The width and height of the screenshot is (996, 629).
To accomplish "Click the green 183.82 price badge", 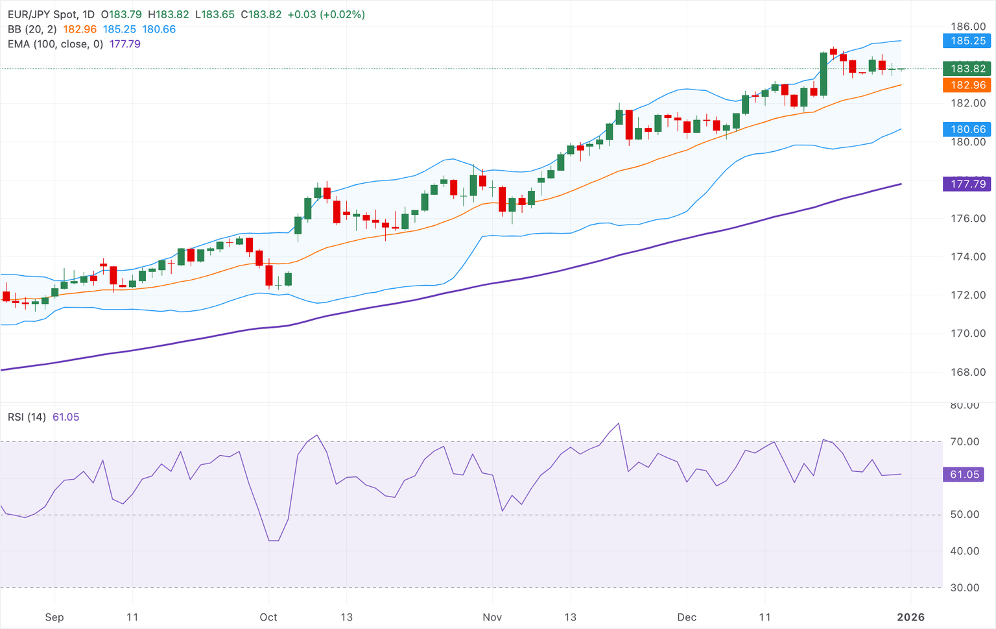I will (x=967, y=69).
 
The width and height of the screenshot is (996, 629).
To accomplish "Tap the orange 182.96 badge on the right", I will (x=967, y=85).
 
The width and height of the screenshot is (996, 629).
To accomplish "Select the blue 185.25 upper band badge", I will (x=967, y=41).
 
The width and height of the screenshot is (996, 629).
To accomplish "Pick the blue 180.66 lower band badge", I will (x=967, y=129).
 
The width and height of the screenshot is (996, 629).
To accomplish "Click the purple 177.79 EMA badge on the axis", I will (x=967, y=184).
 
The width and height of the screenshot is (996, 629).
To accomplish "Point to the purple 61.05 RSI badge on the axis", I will (x=964, y=475).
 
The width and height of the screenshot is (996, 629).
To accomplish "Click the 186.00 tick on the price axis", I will (x=967, y=27).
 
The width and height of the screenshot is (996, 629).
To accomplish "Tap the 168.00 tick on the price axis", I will (x=967, y=372).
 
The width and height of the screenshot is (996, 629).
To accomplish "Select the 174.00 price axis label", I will (x=967, y=257).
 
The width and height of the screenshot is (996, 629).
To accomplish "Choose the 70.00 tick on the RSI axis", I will (x=964, y=442).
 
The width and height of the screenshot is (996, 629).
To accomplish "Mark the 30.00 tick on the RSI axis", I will (x=964, y=588).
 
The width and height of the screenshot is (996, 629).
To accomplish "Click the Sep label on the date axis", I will (x=54, y=617).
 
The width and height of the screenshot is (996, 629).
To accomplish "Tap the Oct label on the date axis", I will (x=268, y=617).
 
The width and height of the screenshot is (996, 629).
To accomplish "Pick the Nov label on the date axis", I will (x=492, y=617).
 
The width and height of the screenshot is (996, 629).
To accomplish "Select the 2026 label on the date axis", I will (x=910, y=617).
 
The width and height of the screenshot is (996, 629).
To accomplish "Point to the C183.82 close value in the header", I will (x=261, y=14).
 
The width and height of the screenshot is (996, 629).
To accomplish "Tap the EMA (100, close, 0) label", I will (x=55, y=44).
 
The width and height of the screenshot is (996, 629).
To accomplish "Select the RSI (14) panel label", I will (x=27, y=417).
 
